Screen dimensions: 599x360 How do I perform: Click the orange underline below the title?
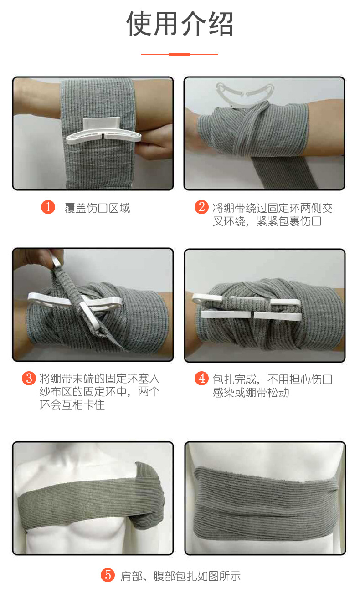[180, 54]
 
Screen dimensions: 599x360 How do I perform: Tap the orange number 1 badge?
[48, 208]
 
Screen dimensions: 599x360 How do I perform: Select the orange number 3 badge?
[29, 378]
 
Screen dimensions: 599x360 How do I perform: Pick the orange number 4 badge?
[201, 379]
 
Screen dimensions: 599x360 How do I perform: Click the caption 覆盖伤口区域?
[97, 208]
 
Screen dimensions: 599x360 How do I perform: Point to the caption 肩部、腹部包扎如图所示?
[180, 576]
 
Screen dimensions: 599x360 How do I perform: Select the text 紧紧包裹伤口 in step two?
[289, 222]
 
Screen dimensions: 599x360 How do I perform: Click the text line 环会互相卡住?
[72, 404]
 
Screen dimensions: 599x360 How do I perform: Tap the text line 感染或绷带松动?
[251, 392]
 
